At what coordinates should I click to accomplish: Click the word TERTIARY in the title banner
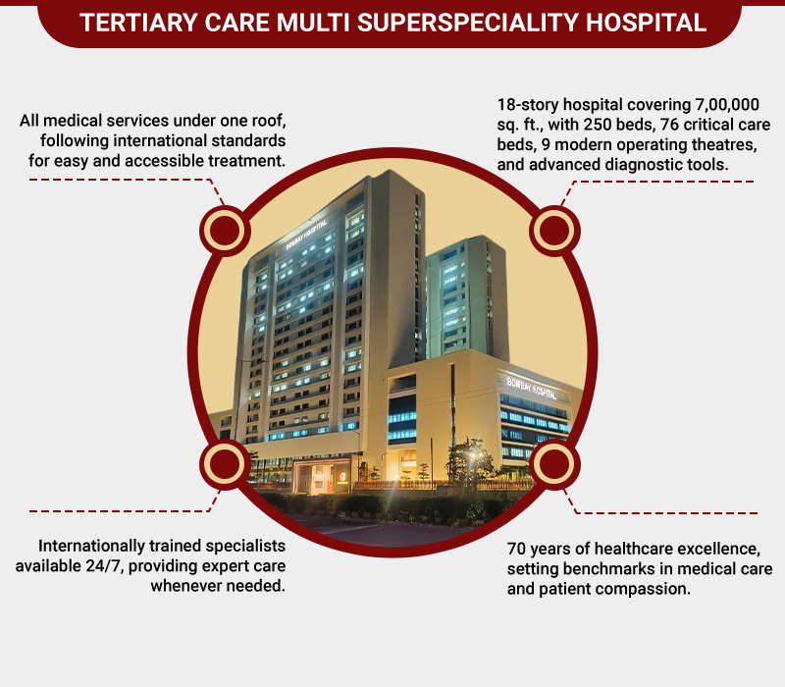[x=137, y=23]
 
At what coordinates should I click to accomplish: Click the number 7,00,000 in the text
[x=727, y=105]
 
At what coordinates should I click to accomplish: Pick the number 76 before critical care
[x=669, y=125]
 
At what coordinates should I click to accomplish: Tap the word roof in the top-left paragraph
[x=269, y=121]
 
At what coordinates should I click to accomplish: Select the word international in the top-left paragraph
[x=160, y=140]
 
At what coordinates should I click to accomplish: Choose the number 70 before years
[x=516, y=550]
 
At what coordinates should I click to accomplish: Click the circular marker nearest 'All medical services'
[x=225, y=231]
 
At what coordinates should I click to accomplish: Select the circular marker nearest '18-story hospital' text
[x=554, y=231]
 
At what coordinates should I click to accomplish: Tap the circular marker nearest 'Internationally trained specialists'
[x=225, y=464]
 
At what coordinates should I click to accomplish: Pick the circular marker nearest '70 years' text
[x=554, y=464]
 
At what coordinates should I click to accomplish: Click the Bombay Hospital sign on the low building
[x=532, y=388]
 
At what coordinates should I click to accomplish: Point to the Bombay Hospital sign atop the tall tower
[x=306, y=235]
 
